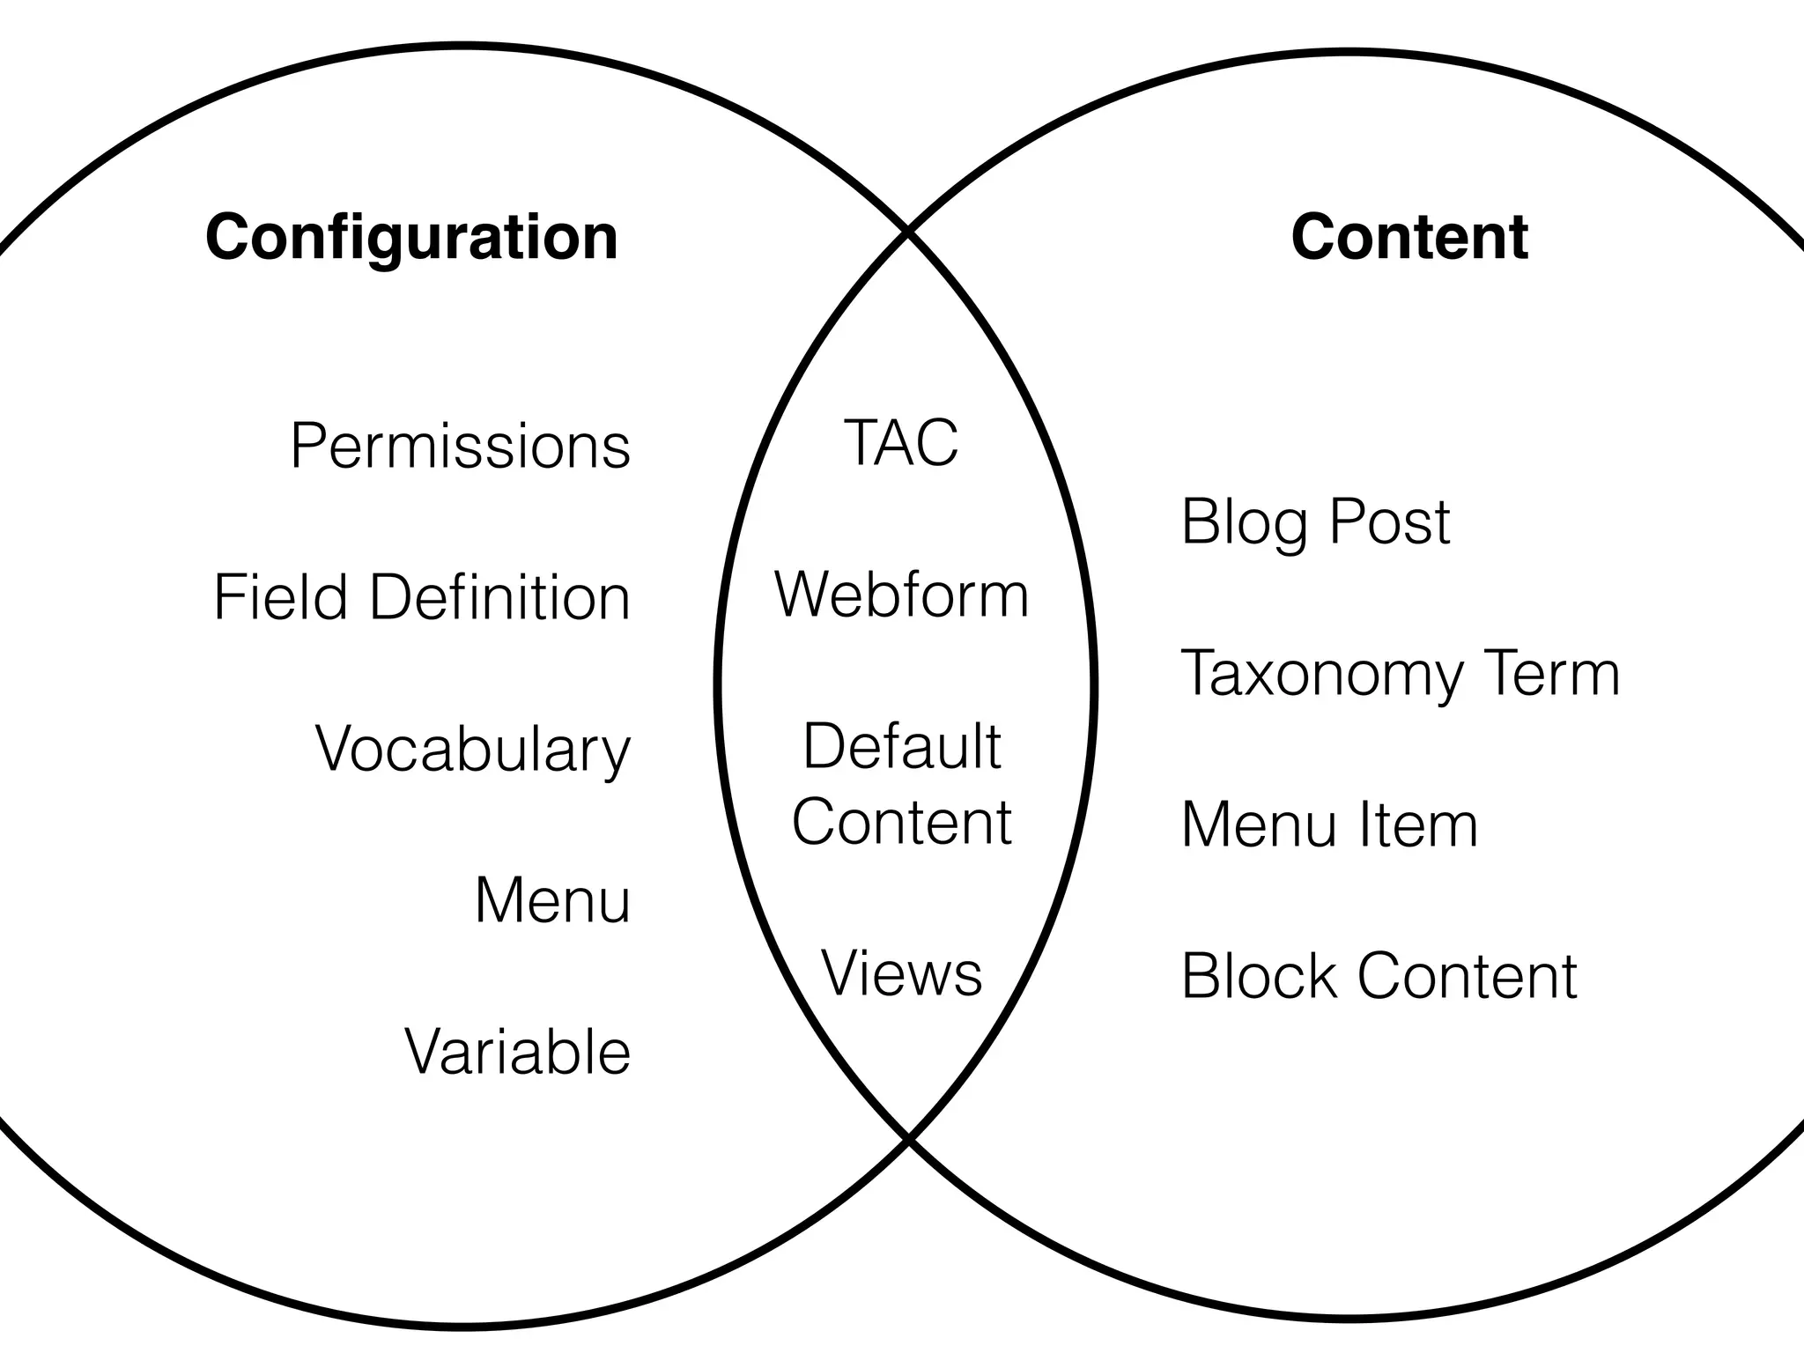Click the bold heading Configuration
coord(411,238)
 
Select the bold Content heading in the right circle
coord(1408,237)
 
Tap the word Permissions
coord(460,446)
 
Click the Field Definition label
coord(422,597)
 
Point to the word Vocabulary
coord(473,750)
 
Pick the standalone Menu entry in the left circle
coord(552,900)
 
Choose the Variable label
coord(517,1052)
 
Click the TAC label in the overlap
coord(901,443)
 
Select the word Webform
coord(901,595)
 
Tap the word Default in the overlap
coord(901,747)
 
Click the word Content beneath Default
coord(901,822)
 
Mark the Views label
coord(901,973)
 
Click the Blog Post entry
coord(1314,522)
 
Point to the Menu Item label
coord(1328,825)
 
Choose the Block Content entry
coord(1379,976)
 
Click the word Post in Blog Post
coord(1389,521)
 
